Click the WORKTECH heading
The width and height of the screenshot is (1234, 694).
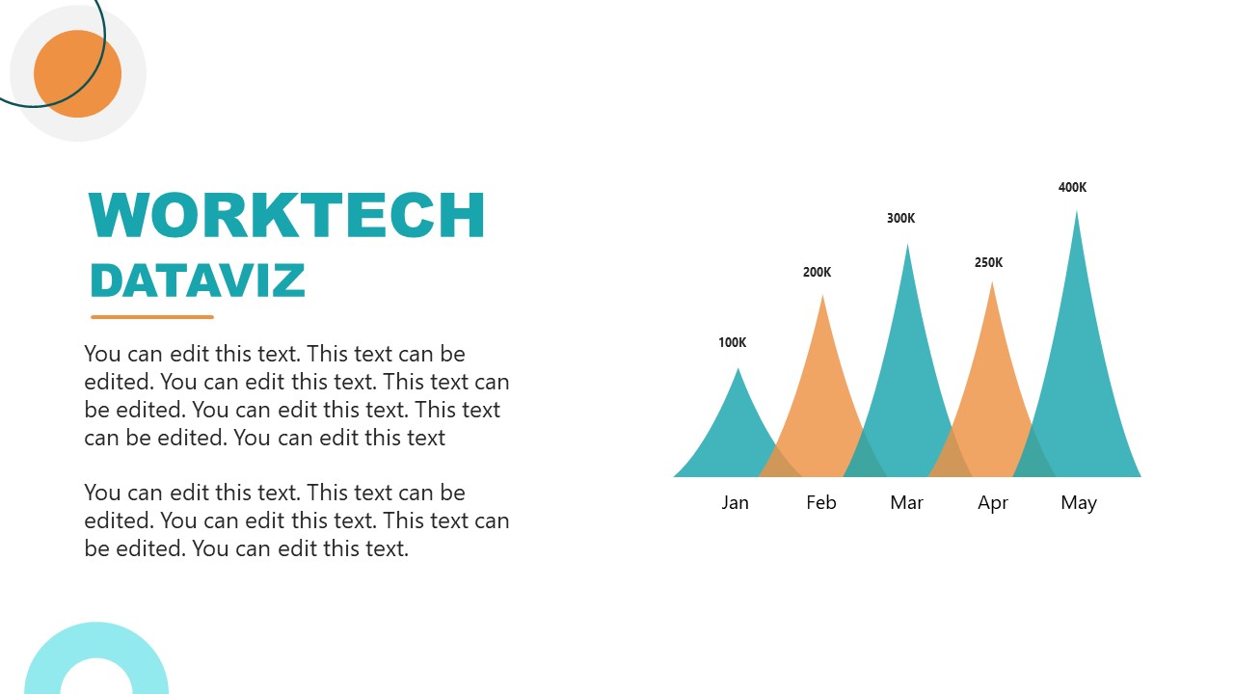coord(286,215)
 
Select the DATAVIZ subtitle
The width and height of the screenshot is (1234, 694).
coord(197,280)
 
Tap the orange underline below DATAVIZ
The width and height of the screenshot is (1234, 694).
coord(152,316)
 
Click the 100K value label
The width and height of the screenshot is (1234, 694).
coord(733,342)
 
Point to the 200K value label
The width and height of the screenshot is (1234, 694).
coord(817,272)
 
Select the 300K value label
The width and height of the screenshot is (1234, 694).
coord(900,218)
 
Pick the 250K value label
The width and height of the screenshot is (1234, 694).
coord(988,262)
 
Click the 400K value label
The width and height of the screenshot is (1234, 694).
coord(1072,187)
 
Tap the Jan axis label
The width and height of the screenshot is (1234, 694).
coord(735,502)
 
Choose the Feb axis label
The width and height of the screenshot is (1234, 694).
coord(821,502)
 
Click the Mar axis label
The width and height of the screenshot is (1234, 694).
coord(906,502)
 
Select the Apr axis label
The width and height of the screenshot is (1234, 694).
coord(993,502)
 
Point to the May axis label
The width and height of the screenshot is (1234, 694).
coord(1079,502)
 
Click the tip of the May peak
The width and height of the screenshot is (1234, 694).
coord(1077,213)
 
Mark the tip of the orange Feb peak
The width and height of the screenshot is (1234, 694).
coord(822,297)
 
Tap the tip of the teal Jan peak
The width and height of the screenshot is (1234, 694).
coord(738,370)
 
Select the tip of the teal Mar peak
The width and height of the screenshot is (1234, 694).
coord(907,246)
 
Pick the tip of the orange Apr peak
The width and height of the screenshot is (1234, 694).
coord(992,283)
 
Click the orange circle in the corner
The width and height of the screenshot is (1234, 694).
coord(77,74)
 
